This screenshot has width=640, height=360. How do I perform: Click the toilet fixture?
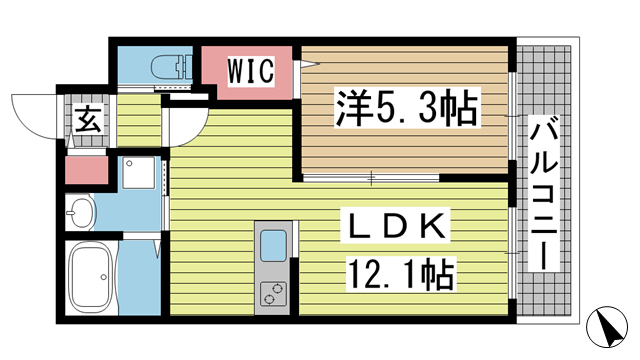171,67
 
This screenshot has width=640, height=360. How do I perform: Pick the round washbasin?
80,211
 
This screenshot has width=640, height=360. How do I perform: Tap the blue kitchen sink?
272,246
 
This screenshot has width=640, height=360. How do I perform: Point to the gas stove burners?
272,293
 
